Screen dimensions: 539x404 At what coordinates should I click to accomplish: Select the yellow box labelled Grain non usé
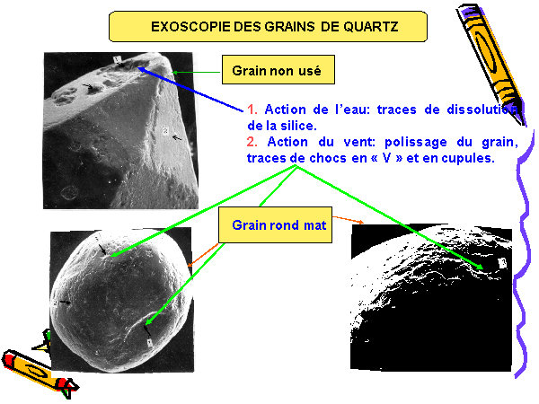pyautogui.click(x=278, y=70)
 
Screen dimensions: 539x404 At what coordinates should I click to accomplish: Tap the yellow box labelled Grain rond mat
pyautogui.click(x=276, y=225)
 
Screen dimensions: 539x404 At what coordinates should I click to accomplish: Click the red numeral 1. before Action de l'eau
pyautogui.click(x=252, y=110)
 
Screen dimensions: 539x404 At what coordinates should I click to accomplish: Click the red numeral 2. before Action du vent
pyautogui.click(x=252, y=142)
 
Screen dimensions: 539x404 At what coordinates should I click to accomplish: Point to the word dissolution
pyautogui.click(x=482, y=110)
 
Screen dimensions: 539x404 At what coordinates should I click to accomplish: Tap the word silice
pyautogui.click(x=299, y=126)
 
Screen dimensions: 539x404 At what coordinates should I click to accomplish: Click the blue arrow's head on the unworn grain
pyautogui.click(x=142, y=70)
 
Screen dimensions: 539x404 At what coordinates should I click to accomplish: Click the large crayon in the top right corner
pyautogui.click(x=490, y=64)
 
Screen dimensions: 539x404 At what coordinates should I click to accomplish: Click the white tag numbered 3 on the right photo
pyautogui.click(x=502, y=263)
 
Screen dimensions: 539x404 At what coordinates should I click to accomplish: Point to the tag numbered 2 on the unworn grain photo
pyautogui.click(x=165, y=131)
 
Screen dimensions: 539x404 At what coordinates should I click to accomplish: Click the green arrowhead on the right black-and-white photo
pyautogui.click(x=479, y=267)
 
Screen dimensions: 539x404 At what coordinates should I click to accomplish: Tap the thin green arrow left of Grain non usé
pyautogui.click(x=197, y=72)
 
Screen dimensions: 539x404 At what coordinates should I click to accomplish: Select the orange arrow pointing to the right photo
pyautogui.click(x=348, y=220)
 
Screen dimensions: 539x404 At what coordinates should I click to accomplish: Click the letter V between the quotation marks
pyautogui.click(x=386, y=158)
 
